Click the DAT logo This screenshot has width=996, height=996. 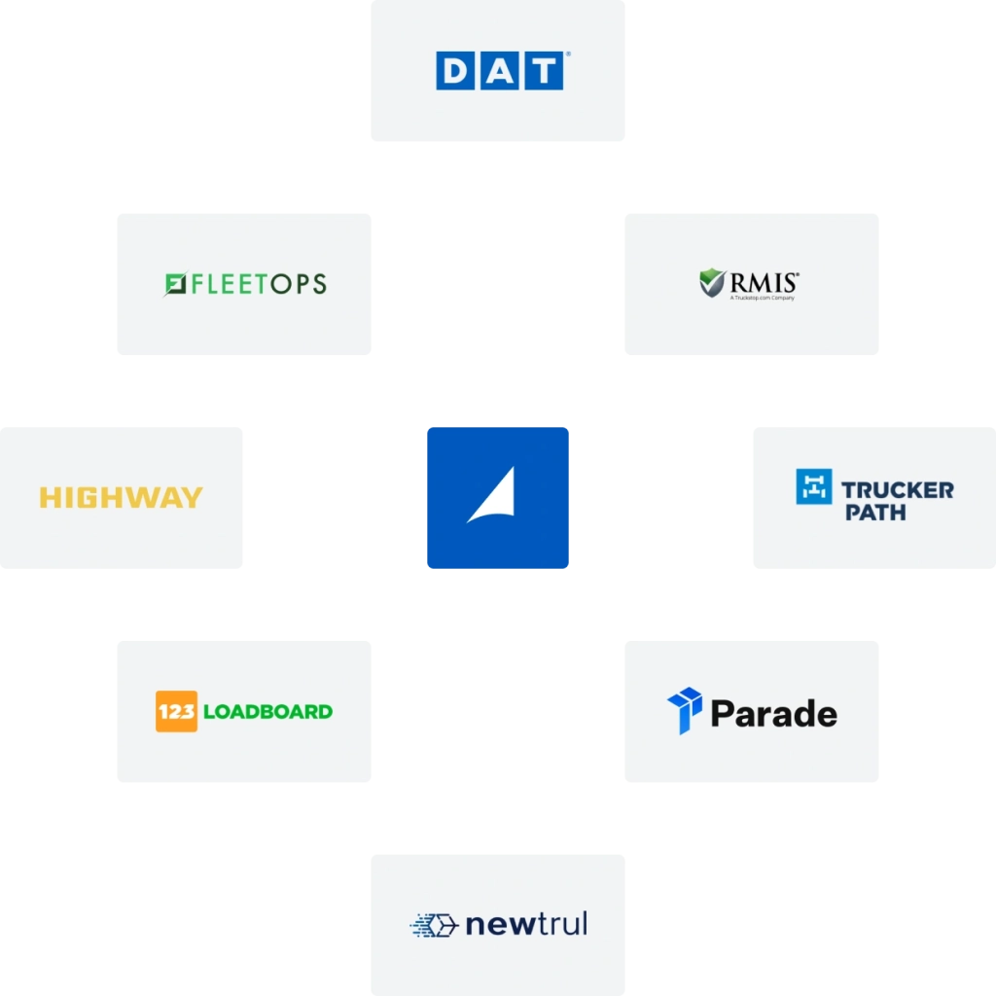pyautogui.click(x=499, y=71)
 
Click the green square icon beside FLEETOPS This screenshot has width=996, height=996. pyautogui.click(x=176, y=284)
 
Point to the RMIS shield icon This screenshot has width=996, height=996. pyautogui.click(x=713, y=283)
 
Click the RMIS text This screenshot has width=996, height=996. pyautogui.click(x=765, y=282)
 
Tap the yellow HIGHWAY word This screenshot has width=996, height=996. pyautogui.click(x=121, y=498)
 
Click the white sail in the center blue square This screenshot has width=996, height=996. pyautogui.click(x=493, y=495)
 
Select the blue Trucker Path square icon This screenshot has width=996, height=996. pyautogui.click(x=814, y=486)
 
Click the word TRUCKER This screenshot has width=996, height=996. pyautogui.click(x=898, y=489)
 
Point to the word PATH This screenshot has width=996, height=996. pyautogui.click(x=875, y=512)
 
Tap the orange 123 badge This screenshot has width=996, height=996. pyautogui.click(x=176, y=711)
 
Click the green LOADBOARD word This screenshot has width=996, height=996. pyautogui.click(x=267, y=711)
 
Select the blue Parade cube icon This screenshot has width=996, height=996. pyautogui.click(x=685, y=709)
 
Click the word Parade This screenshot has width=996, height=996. pyautogui.click(x=773, y=714)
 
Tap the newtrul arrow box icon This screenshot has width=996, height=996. pyautogui.click(x=434, y=925)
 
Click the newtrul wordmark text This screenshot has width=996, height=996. pyautogui.click(x=526, y=923)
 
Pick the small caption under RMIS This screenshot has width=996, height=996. pyautogui.click(x=763, y=298)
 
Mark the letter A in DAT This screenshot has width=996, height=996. pyautogui.click(x=498, y=72)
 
